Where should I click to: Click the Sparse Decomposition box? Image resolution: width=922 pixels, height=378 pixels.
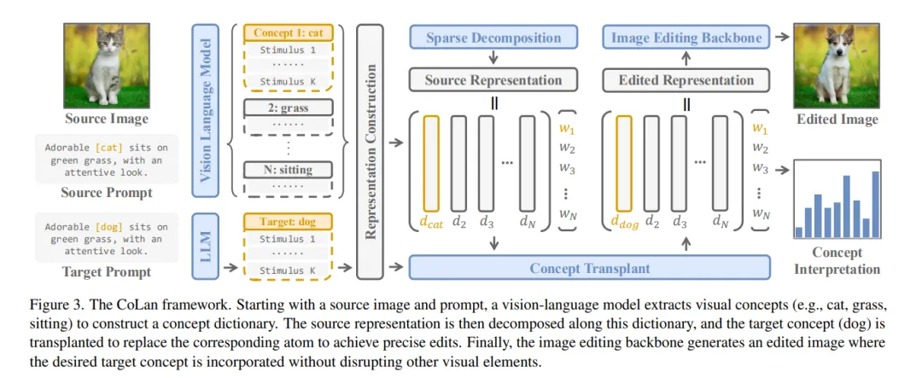pos(493,38)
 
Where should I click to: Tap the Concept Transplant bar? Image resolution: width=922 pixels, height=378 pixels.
pos(589,268)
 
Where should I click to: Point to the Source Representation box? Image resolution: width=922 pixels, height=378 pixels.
pos(493,80)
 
